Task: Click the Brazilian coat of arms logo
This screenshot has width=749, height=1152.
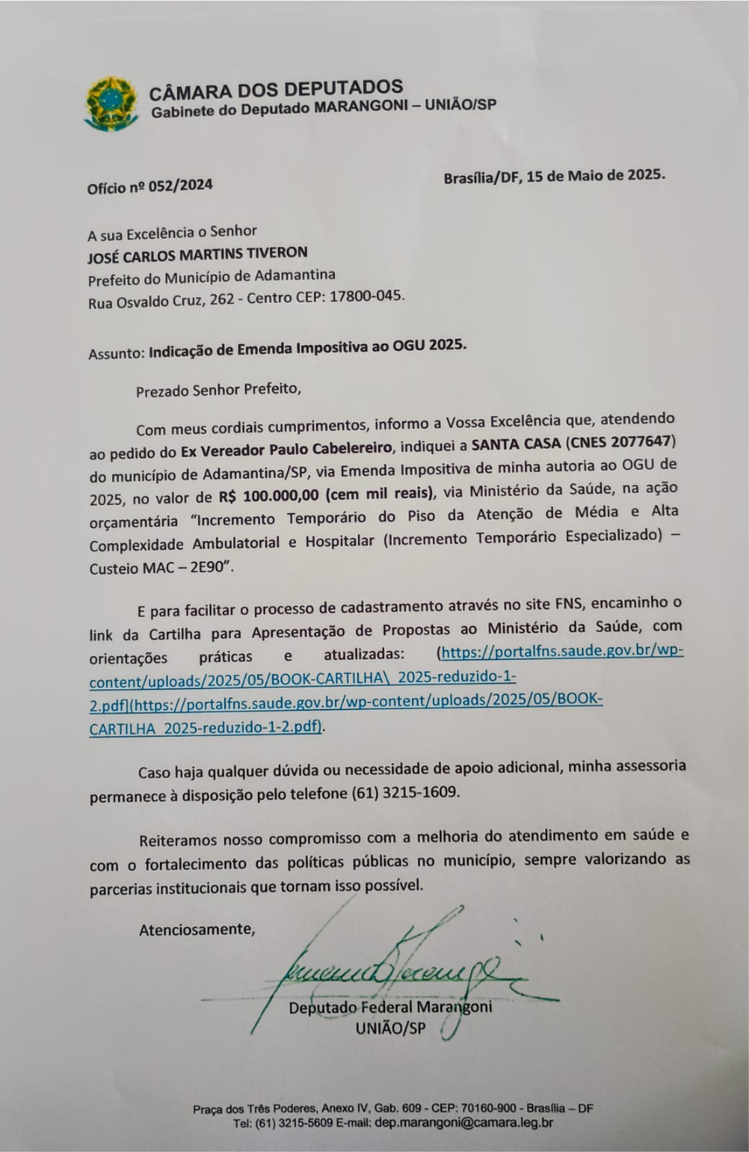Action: coord(112,103)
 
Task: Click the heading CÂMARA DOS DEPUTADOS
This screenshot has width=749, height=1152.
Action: coord(276,89)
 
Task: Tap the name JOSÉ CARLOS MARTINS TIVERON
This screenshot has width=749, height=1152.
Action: coord(197,254)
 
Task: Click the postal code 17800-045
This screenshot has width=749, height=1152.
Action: coord(366,296)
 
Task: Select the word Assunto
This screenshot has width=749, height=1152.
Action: coord(115,353)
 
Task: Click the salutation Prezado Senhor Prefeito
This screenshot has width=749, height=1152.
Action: coord(218,390)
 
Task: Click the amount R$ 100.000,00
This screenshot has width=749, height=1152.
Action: coord(269,496)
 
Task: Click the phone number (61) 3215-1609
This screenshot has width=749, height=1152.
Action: coord(405,792)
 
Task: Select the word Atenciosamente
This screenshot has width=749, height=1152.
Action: coord(197,929)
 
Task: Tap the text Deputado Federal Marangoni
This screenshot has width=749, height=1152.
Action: coord(390,1007)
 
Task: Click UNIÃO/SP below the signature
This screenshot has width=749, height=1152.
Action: coord(390,1029)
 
